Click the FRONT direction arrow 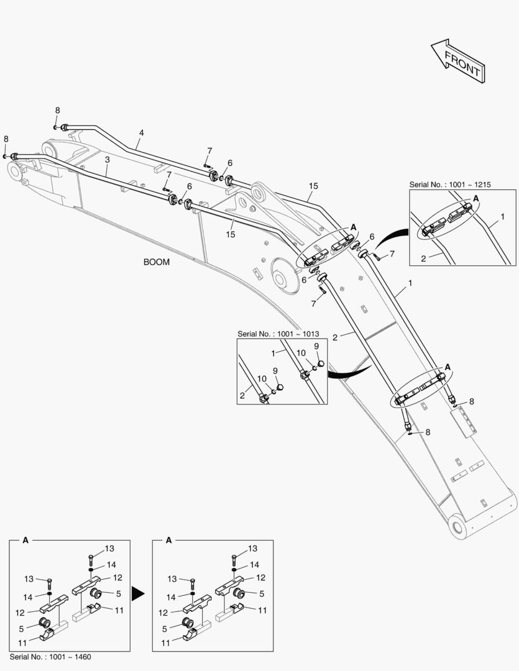pos(457,61)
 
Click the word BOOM pos(156,262)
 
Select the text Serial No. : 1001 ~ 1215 pos(450,185)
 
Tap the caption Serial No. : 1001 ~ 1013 pos(278,334)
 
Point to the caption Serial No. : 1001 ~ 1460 pos(50,657)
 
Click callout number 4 pos(141,133)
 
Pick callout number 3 pos(107,160)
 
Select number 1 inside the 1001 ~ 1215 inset pos(502,217)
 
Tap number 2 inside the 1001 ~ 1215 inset pos(423,258)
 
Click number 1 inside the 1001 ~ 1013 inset pos(273,354)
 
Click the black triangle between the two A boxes pos(138,593)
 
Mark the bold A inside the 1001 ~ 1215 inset pos(475,199)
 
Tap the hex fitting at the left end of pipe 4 pos(64,127)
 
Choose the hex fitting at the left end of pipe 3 pos(14,156)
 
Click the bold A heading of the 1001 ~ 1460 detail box pos(25,540)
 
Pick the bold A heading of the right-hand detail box pos(168,540)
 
